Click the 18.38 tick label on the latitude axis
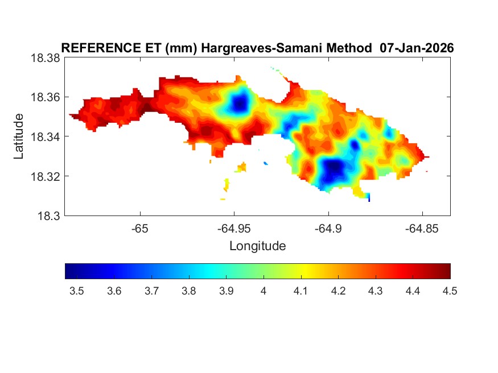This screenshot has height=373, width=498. pos(44,57)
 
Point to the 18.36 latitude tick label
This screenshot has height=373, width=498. pos(44,97)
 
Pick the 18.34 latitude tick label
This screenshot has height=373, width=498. pos(44,136)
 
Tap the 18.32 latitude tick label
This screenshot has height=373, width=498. pos(44,176)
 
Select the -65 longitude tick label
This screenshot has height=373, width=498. pos(140,229)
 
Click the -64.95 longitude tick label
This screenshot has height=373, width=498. pos(234,229)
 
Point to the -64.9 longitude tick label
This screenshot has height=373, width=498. pos(328,229)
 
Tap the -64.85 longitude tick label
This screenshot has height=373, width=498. pos(422,229)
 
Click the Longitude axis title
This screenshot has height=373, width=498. pos(257,246)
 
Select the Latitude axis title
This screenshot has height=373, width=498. pos(19,136)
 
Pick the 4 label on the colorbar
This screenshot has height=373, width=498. pos(264,291)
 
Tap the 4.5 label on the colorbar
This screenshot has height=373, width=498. pos(450,291)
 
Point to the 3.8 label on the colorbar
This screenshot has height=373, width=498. pos(188,291)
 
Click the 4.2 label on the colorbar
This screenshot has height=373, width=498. pos(338,291)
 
